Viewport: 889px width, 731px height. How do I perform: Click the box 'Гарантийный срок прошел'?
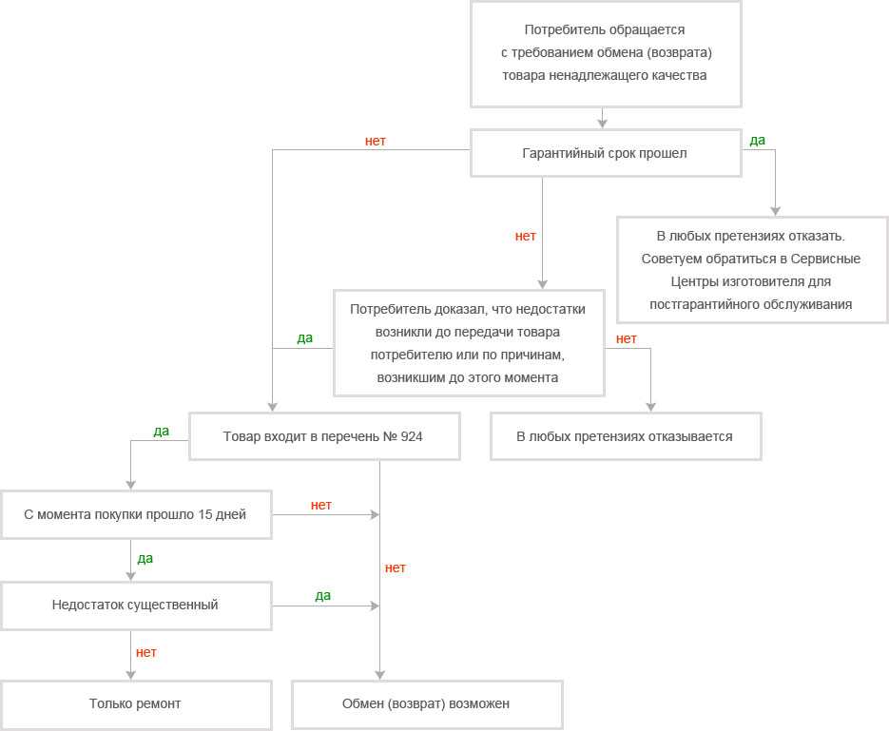tap(606, 153)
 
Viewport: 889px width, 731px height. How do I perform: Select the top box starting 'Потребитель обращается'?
tap(606, 54)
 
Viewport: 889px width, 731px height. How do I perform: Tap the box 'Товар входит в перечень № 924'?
tap(323, 436)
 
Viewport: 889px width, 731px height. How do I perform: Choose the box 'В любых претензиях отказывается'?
tap(626, 436)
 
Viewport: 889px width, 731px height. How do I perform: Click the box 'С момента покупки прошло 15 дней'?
tap(136, 514)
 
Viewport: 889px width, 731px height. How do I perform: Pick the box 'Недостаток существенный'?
tap(136, 606)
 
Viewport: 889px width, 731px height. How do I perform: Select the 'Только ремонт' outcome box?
tap(136, 704)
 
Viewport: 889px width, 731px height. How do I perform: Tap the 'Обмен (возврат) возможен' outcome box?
tap(427, 704)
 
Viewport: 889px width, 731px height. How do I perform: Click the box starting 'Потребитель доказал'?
tap(469, 343)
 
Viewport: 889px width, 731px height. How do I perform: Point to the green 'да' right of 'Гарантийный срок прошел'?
tap(758, 141)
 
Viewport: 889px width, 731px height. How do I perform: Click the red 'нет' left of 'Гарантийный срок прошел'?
tap(376, 141)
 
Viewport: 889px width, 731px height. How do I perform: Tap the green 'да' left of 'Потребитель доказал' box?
tap(305, 338)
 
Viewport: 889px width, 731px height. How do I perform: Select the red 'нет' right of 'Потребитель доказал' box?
tap(627, 338)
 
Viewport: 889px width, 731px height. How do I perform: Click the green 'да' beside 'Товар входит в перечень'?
tap(162, 432)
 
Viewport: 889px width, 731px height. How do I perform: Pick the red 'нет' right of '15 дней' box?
tap(321, 505)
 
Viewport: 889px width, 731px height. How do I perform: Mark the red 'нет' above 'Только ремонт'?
tap(146, 653)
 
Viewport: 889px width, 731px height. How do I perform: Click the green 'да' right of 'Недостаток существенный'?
tap(323, 596)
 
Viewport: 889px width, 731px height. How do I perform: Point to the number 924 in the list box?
tap(412, 436)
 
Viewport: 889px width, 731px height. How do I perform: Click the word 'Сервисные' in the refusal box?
tap(825, 259)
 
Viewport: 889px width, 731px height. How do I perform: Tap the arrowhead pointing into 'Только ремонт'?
tap(131, 675)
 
